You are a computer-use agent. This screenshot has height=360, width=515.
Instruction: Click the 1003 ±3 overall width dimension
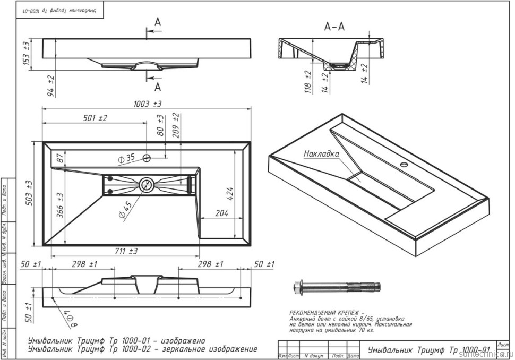(147, 103)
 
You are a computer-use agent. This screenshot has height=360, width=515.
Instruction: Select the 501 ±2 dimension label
(95, 118)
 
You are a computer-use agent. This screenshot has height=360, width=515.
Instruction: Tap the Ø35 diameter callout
(128, 158)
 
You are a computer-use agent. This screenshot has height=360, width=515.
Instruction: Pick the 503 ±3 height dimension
(30, 193)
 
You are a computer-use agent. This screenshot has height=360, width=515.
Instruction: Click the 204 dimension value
(221, 213)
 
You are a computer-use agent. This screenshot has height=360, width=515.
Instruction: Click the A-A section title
(334, 26)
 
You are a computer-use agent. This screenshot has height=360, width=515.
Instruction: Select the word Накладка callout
(321, 154)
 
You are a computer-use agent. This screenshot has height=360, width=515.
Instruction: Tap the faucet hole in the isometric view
(406, 164)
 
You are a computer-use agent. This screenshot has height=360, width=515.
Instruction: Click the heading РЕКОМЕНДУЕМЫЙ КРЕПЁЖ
(327, 312)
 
